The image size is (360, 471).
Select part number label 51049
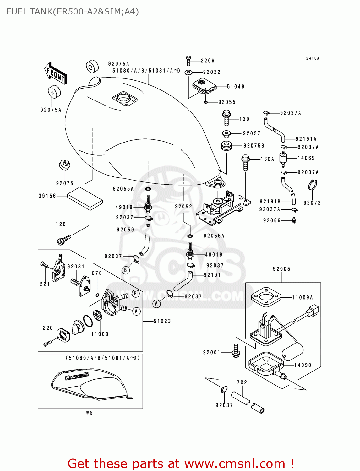(x=236, y=87)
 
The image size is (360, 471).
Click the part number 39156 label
(x=47, y=196)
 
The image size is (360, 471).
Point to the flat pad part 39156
(x=85, y=198)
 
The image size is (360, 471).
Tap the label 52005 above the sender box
(x=281, y=269)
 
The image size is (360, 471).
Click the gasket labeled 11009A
(x=265, y=297)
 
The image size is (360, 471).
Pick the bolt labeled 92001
(x=236, y=351)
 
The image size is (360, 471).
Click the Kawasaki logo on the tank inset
(x=77, y=376)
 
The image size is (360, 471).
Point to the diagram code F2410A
(x=311, y=58)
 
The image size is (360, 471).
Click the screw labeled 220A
(x=188, y=60)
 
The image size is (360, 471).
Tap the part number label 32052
(x=183, y=207)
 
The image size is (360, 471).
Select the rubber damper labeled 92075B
(x=226, y=146)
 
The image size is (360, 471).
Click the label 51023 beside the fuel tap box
(x=162, y=321)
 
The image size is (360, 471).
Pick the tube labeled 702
(x=241, y=398)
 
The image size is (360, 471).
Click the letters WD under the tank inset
(x=90, y=414)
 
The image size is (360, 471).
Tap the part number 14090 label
(x=303, y=365)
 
